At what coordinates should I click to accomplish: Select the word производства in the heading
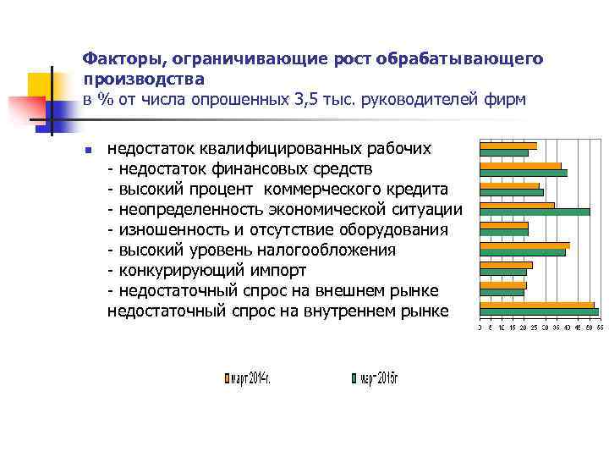tap(144, 80)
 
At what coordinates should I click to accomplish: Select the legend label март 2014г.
tap(250, 378)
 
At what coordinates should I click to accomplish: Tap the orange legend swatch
tap(226, 379)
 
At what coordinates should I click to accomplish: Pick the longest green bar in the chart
tap(539, 312)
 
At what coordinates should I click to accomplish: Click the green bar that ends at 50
tap(535, 212)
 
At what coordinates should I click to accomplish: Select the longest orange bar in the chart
tap(537, 305)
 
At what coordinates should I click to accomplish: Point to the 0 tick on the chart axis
tap(480, 327)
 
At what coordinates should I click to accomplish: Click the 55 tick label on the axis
tap(599, 327)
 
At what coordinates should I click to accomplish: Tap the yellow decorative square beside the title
tap(41, 85)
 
